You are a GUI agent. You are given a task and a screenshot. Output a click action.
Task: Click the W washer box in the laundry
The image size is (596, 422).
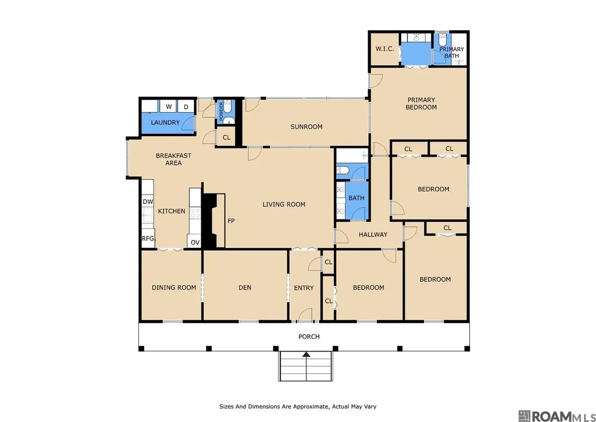(x=169, y=107)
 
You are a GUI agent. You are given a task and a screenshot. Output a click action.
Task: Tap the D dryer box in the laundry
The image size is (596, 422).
(x=186, y=107)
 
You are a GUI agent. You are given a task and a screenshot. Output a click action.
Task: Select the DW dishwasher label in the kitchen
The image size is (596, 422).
(x=148, y=201)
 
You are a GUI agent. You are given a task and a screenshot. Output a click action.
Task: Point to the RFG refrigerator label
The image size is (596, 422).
(x=148, y=239)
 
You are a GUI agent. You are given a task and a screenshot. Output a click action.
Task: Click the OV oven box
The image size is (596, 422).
(x=194, y=242)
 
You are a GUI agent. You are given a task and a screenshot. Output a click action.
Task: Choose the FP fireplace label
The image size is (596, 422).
(x=231, y=221)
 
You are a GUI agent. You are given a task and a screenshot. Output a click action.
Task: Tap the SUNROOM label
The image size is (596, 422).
(x=306, y=127)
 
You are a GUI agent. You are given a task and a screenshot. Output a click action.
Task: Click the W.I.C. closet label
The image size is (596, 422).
(x=384, y=49)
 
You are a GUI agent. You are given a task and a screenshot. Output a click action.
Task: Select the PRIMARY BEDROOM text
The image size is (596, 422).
(x=421, y=104)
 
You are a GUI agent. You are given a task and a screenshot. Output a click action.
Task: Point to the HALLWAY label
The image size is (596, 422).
(x=373, y=235)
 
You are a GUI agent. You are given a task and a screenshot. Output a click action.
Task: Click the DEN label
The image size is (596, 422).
(x=245, y=288)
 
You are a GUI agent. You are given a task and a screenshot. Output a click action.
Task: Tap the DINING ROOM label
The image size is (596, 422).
(x=174, y=288)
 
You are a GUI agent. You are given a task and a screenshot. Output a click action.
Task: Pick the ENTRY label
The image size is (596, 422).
(x=304, y=288)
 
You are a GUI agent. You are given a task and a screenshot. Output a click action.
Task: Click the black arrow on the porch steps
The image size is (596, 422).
(x=306, y=354)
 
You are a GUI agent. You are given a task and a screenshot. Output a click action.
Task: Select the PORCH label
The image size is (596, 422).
(x=309, y=337)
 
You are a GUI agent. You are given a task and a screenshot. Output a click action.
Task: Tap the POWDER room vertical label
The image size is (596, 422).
(x=221, y=111)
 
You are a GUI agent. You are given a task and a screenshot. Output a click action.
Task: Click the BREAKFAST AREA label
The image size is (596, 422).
(x=174, y=159)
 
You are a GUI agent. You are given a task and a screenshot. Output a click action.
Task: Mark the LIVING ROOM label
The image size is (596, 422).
(x=284, y=205)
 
